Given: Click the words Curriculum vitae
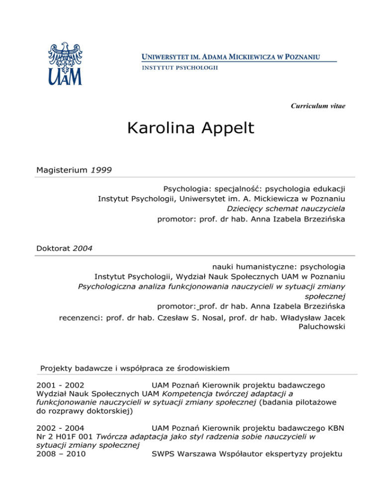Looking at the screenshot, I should pyautogui.click(x=325, y=106).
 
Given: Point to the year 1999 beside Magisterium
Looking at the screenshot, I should pyautogui.click(x=101, y=170).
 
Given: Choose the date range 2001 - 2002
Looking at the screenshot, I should pyautogui.click(x=60, y=384).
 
